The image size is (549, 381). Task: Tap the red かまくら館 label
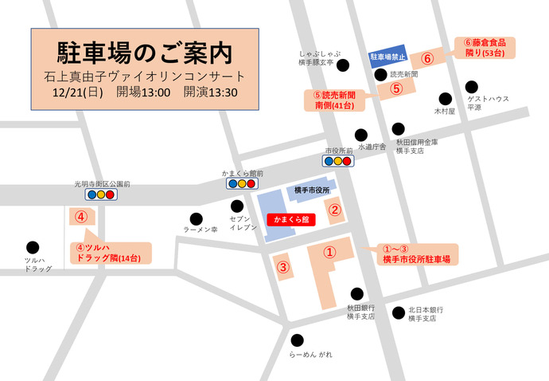coord(290,218)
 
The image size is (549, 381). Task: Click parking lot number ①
coord(330,251)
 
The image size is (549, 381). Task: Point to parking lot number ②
coord(335,210)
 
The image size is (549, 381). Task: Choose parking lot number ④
coord(80,216)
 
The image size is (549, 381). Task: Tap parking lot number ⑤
coord(396,88)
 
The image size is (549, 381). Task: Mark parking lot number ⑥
coord(427,59)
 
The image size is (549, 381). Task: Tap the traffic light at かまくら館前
coord(243,183)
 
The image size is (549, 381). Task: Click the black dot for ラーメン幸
coord(196,218)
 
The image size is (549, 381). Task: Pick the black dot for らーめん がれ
coord(297,339)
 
